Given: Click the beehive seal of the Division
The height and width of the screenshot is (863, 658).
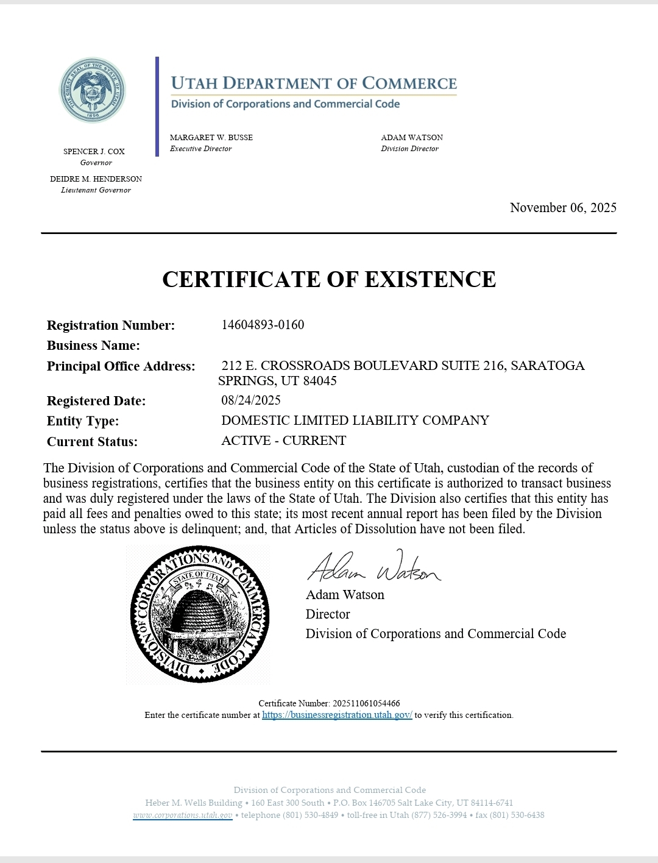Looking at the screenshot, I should click(199, 614).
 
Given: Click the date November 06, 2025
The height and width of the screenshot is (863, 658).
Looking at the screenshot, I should click(563, 208).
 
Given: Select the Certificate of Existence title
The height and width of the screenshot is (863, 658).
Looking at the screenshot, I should click(329, 279).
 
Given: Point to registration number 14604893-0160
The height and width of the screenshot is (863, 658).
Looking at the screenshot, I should click(263, 325).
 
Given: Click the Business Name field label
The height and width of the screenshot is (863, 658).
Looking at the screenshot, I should click(93, 346).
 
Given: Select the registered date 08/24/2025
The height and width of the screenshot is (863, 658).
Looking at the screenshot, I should click(251, 400).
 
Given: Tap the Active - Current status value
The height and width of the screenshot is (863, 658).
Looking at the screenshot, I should click(283, 441).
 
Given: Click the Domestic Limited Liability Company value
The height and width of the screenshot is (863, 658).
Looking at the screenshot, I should click(355, 421).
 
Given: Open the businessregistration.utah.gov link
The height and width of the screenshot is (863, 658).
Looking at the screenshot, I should click(337, 715).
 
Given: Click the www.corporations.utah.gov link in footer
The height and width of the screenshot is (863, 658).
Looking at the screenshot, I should click(183, 815).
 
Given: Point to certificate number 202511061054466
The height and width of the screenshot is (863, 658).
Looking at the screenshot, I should click(366, 703).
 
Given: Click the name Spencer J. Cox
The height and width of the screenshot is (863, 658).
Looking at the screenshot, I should click(94, 152).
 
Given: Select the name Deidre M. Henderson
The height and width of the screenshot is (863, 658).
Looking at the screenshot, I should click(96, 179).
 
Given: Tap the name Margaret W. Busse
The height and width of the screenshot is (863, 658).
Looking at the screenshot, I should click(211, 138).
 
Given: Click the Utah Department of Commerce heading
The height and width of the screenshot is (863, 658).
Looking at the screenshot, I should click(314, 83).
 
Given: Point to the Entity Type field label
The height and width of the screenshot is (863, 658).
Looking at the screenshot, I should click(83, 421).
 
